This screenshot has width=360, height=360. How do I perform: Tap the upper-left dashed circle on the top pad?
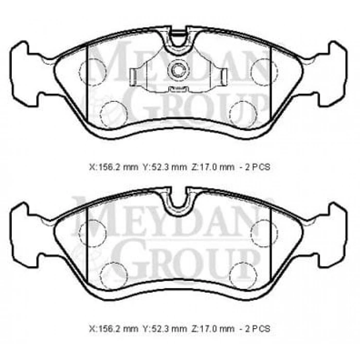91,68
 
